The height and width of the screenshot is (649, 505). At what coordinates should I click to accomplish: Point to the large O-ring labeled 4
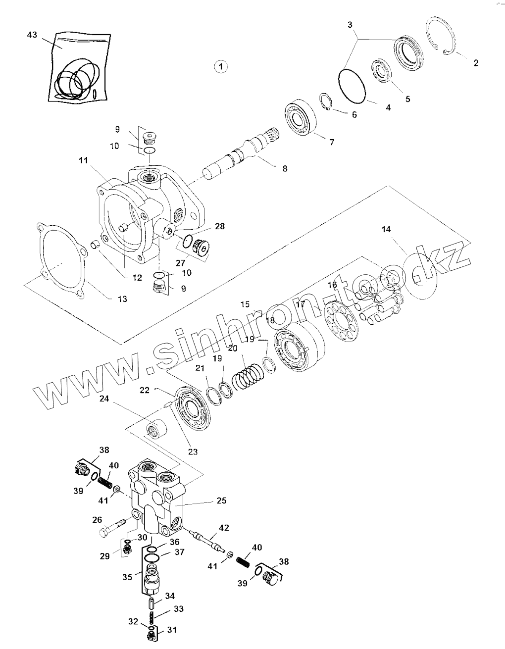pyautogui.click(x=352, y=86)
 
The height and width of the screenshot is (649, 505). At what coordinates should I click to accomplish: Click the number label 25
pyautogui.click(x=221, y=500)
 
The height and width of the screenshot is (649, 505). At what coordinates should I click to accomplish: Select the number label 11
pyautogui.click(x=83, y=160)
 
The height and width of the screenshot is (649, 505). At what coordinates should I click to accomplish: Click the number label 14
pyautogui.click(x=386, y=229)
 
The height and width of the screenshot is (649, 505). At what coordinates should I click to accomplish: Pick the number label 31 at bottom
pyautogui.click(x=172, y=630)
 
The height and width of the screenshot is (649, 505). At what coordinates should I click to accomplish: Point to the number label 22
pyautogui.click(x=144, y=390)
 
